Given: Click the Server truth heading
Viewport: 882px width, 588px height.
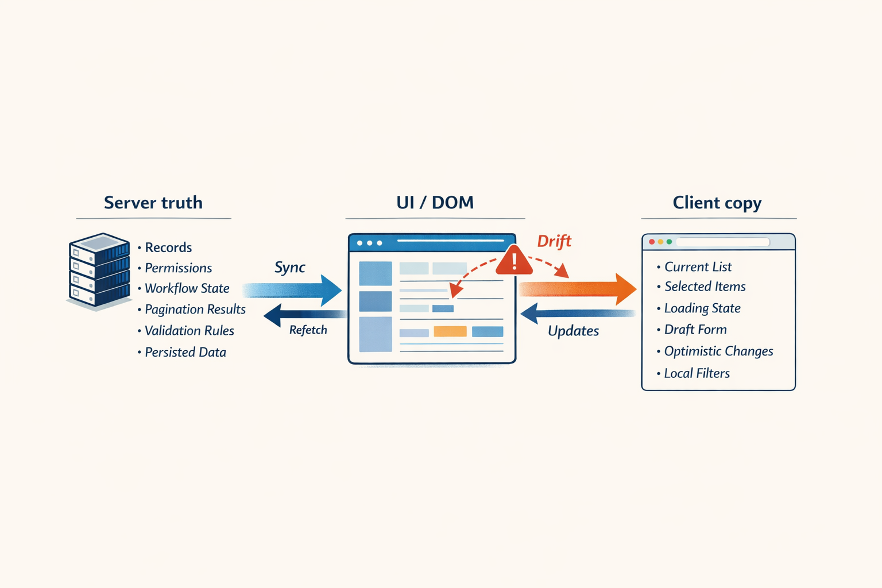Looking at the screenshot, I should coord(153,203).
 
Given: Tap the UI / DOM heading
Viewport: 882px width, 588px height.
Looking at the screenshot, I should coord(435,203).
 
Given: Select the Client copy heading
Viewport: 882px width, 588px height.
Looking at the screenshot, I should coord(717,203).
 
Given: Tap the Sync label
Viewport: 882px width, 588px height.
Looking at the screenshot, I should coord(289,268).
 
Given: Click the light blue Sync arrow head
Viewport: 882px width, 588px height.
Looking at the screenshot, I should coord(331,290).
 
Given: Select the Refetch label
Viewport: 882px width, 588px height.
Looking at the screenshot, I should coord(308,330).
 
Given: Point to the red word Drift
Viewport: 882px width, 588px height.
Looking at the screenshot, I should coord(554,241).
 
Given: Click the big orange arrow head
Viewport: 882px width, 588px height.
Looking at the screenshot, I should coord(625,289).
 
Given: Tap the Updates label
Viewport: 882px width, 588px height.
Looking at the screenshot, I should coord(573,331).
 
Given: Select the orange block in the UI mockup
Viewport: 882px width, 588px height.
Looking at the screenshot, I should coord(450,331).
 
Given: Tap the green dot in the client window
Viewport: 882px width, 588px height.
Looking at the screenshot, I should coord(669,242).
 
